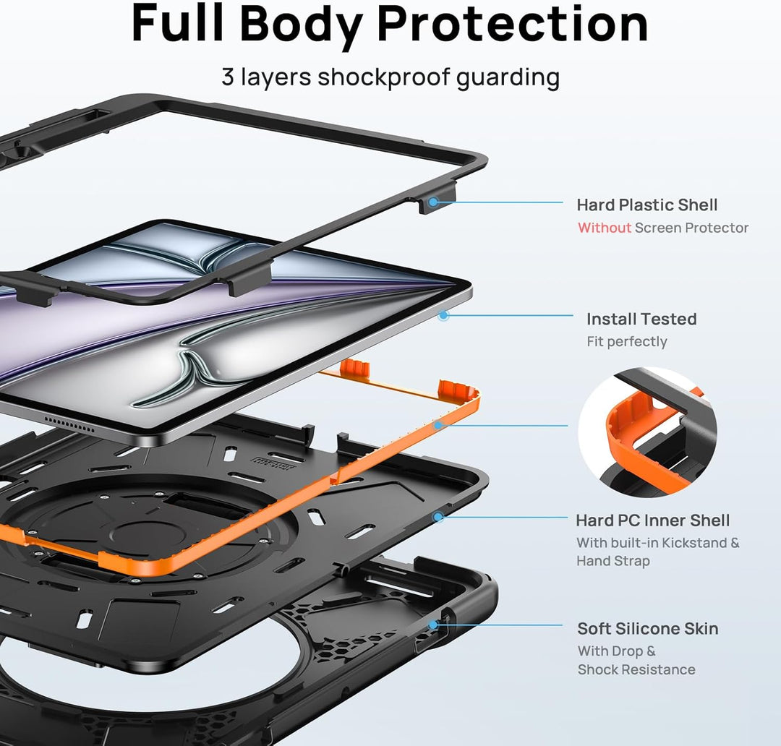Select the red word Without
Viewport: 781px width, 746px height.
(x=604, y=228)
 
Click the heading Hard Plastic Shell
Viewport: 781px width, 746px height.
(x=647, y=205)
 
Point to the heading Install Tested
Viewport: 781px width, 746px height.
(x=641, y=319)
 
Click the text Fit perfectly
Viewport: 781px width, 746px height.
(x=626, y=342)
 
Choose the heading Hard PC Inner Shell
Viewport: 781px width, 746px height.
(x=652, y=520)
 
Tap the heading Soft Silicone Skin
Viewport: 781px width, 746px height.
(x=647, y=628)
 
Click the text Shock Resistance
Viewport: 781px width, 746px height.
(x=636, y=669)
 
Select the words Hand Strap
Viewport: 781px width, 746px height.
(x=613, y=561)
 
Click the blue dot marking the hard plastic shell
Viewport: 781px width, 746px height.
(x=433, y=202)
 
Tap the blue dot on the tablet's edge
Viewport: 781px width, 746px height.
(x=443, y=315)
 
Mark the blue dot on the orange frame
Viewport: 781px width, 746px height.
(x=438, y=425)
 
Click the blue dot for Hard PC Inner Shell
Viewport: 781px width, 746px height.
(x=438, y=517)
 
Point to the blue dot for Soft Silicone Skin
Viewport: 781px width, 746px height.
(x=433, y=625)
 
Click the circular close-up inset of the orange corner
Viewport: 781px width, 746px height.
(x=647, y=432)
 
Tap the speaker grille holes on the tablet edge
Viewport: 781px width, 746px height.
(x=69, y=425)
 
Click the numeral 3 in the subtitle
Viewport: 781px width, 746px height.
(x=228, y=77)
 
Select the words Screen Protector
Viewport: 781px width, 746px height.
(x=691, y=228)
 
